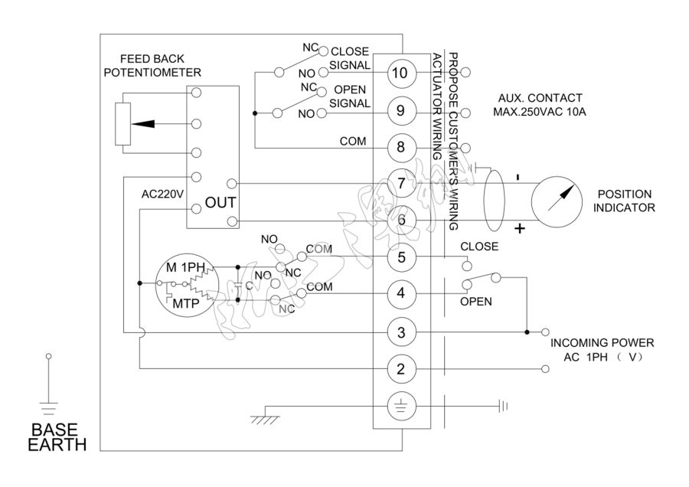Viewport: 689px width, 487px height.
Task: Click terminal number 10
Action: click(400, 73)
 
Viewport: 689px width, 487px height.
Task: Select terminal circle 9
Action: click(400, 110)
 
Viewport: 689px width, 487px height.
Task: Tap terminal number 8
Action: click(400, 147)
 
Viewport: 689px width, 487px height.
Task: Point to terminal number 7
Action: click(400, 184)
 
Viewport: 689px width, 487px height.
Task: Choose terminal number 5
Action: click(400, 257)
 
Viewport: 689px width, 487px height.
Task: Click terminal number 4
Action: click(400, 293)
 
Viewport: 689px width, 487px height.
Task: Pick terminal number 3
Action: click(400, 332)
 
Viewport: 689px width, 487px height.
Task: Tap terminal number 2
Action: click(400, 369)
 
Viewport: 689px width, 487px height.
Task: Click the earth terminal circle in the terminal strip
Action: click(400, 406)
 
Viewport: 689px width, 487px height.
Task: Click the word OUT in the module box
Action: click(220, 203)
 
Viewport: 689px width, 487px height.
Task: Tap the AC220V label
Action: click(163, 194)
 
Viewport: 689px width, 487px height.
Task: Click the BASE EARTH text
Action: click(57, 436)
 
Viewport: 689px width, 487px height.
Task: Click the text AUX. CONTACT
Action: click(540, 98)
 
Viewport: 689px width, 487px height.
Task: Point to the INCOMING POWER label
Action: click(602, 342)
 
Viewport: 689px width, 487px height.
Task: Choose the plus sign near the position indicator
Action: click(521, 227)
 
